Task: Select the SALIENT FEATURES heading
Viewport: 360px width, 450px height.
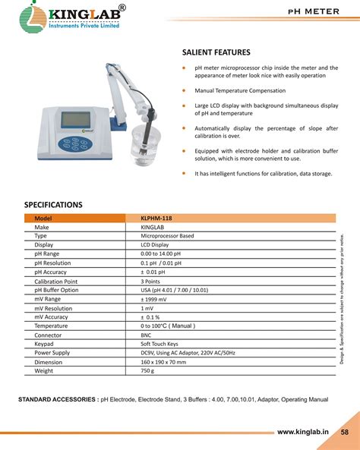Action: (216, 52)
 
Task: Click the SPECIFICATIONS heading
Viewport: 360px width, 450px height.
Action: (53, 204)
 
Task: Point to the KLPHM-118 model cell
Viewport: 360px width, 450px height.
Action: (156, 218)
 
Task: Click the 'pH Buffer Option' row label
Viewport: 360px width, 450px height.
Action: (56, 290)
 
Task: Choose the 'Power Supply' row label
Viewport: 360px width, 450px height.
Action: (52, 353)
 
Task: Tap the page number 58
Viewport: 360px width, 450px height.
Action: (344, 432)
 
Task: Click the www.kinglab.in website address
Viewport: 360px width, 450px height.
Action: (302, 432)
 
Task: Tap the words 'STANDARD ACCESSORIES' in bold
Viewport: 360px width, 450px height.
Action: (56, 398)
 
